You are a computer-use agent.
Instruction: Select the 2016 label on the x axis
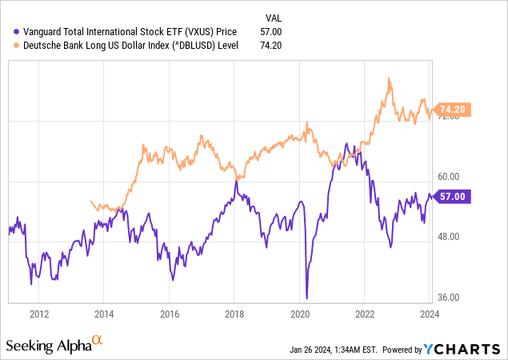point(169,314)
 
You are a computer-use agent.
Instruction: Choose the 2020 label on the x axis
point(299,314)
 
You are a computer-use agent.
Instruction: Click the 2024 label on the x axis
point(430,314)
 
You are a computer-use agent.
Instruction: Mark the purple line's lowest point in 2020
point(306,298)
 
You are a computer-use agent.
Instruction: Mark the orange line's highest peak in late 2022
point(389,78)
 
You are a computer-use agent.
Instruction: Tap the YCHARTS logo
point(459,350)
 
